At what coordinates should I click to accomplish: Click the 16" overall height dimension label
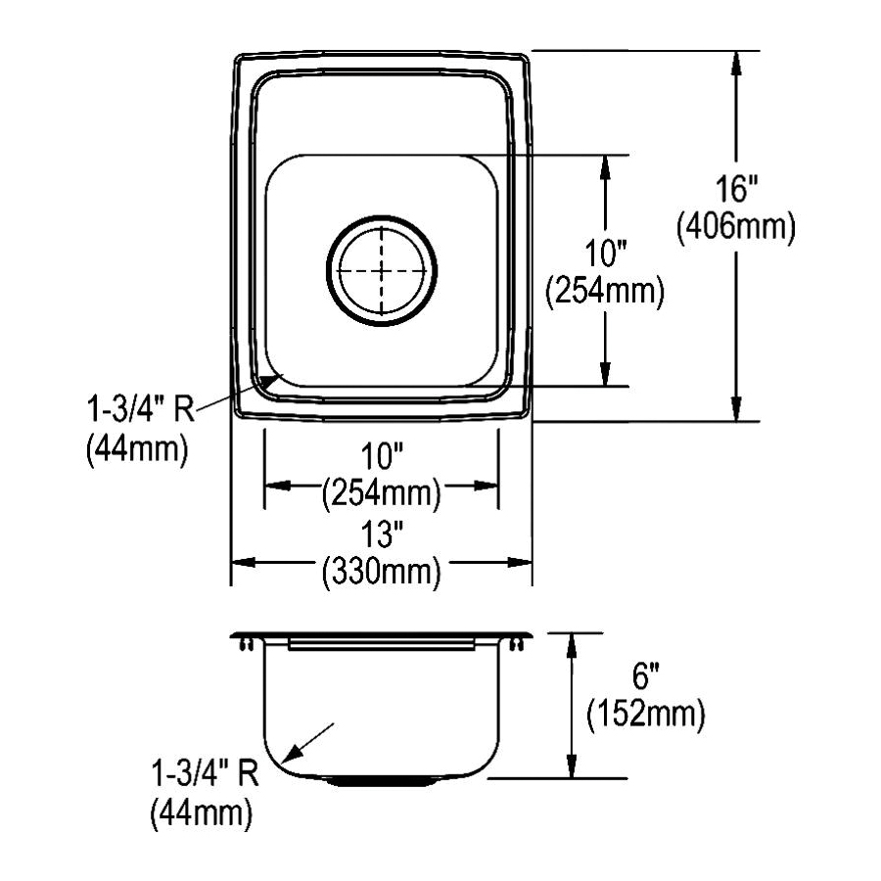(x=736, y=188)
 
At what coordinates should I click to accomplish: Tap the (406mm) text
(x=736, y=226)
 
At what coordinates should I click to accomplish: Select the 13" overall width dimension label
(x=382, y=533)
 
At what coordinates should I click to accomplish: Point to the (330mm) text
(x=381, y=572)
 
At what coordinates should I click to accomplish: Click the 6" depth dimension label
(x=646, y=675)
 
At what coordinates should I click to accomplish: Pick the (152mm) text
(x=646, y=715)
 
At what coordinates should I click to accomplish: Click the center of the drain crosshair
(x=382, y=270)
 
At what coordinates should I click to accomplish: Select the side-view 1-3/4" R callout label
(x=206, y=772)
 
